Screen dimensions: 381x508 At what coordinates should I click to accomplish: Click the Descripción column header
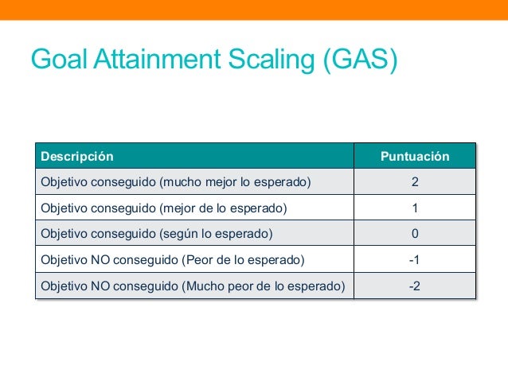click(77, 157)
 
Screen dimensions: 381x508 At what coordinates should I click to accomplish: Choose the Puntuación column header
click(415, 157)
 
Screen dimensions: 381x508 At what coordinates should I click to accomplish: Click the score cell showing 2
click(415, 182)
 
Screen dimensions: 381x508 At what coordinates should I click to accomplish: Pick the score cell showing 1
click(415, 208)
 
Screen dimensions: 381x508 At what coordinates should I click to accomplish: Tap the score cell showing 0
click(415, 234)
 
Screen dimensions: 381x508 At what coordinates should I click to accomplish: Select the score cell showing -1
click(415, 260)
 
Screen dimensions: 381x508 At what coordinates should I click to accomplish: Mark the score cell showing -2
click(415, 286)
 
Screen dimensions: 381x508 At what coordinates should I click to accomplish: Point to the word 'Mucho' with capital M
click(205, 286)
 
